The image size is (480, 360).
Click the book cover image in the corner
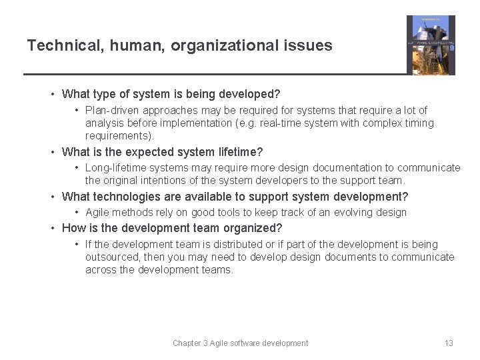(431, 45)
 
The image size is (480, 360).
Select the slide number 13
(449, 343)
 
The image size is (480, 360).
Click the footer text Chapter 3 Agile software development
(240, 343)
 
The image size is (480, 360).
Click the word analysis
(105, 123)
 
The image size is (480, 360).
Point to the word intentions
(165, 181)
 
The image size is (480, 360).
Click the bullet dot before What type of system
(54, 95)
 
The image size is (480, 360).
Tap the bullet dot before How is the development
(54, 229)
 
